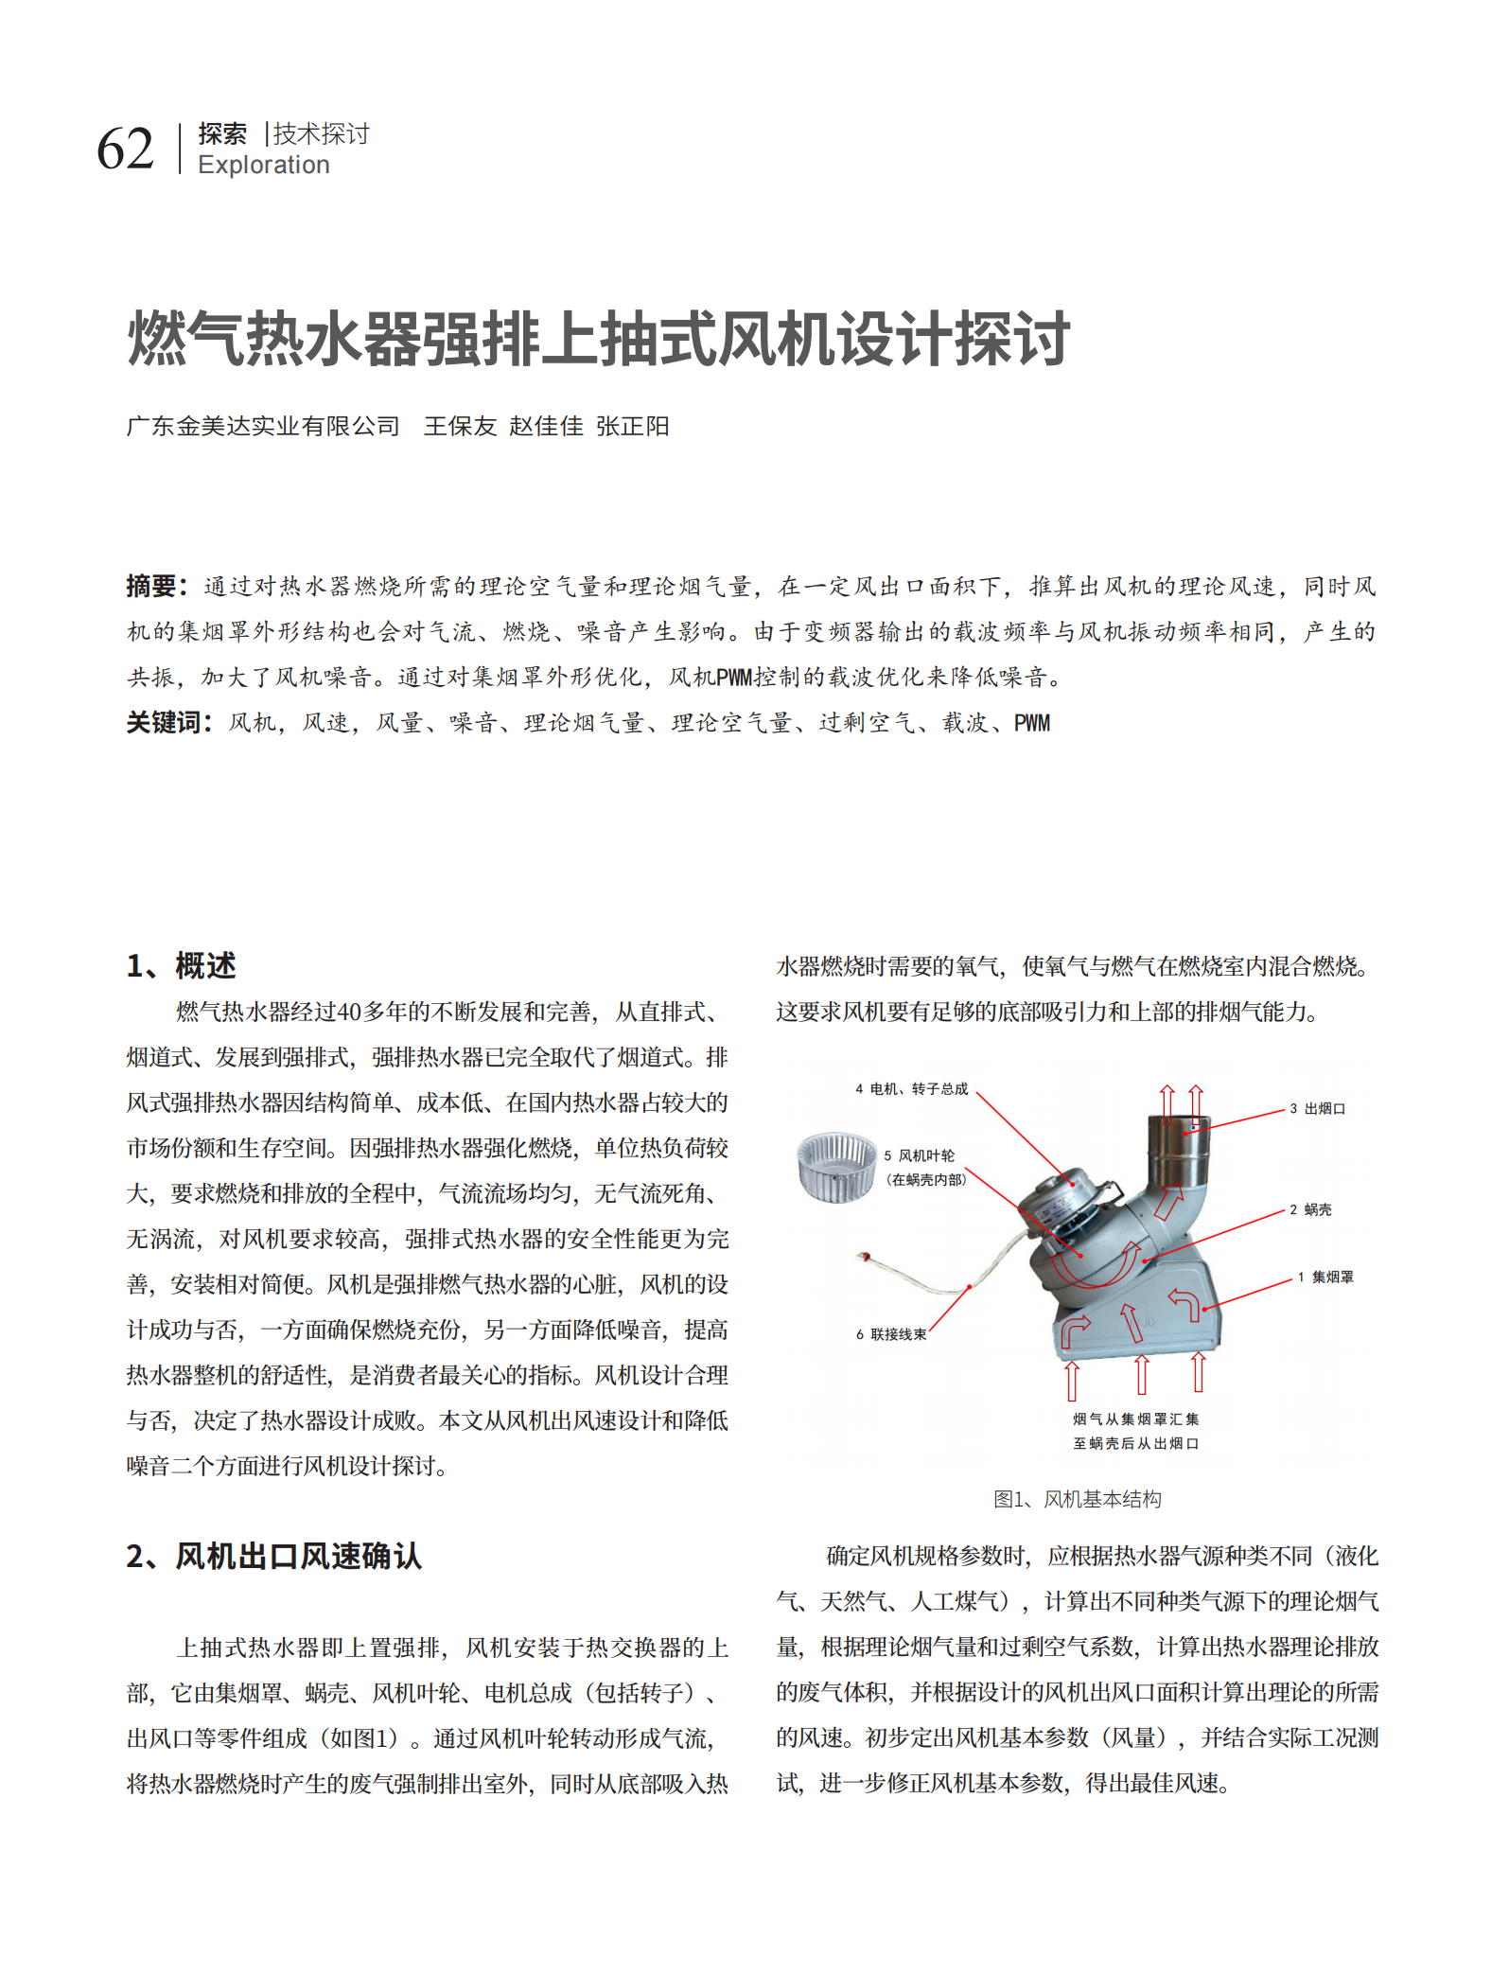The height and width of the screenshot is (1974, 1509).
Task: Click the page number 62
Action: (x=125, y=150)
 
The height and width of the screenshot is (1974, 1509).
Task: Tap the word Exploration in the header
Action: (x=263, y=166)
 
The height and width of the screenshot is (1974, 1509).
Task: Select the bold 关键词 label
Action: (x=164, y=723)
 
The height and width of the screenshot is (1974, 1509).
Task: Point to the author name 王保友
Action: (x=460, y=427)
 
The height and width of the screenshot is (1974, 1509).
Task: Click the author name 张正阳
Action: (x=632, y=427)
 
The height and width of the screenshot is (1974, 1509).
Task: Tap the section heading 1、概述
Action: (x=181, y=965)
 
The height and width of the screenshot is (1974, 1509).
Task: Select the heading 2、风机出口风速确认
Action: (x=273, y=1557)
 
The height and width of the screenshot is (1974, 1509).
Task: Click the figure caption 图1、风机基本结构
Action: (x=1077, y=1499)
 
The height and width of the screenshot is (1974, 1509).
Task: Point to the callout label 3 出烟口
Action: (x=1317, y=1108)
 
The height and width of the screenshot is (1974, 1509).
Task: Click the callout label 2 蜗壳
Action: (x=1310, y=1209)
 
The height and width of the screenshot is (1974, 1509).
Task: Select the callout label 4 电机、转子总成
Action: (x=911, y=1089)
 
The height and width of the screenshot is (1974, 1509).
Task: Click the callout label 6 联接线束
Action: (x=890, y=1334)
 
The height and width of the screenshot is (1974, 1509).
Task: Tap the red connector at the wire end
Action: (x=864, y=1257)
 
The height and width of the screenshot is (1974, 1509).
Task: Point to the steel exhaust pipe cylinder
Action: (x=1179, y=1150)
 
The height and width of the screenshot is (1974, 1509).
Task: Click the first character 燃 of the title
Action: (x=156, y=340)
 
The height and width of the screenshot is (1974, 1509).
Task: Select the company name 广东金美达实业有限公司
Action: (x=263, y=427)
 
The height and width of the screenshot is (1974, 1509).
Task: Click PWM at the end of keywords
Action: (x=1031, y=724)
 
